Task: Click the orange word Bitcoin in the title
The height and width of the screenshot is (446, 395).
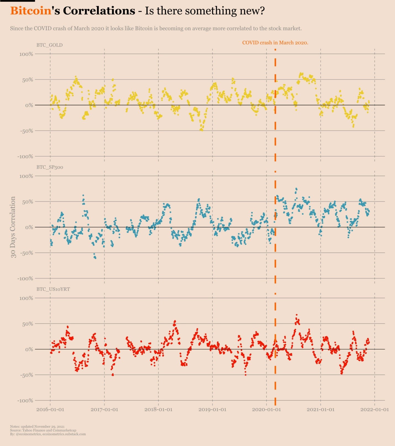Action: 31,11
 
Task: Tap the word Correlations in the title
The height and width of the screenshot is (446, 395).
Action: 99,11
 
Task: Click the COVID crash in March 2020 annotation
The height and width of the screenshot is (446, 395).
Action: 275,43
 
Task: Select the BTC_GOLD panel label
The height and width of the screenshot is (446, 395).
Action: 49,45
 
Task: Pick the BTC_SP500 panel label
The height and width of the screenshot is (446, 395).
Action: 50,167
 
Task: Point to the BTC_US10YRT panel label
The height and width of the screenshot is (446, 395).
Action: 53,289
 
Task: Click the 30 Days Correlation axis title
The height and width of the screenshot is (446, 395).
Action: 13,227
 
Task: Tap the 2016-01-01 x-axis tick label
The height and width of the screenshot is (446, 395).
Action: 50,410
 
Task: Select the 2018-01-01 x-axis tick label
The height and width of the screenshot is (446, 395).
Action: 158,410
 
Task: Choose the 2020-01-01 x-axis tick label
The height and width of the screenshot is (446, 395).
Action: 266,410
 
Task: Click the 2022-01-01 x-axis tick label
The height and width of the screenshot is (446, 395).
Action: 375,410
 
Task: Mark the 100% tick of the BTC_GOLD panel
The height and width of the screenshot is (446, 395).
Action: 26,54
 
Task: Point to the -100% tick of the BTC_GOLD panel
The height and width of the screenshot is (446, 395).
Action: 25,157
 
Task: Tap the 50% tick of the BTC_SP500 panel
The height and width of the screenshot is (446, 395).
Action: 28,202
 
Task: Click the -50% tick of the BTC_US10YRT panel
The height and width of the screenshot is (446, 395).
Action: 27,375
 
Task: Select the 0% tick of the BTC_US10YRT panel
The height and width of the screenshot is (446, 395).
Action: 29,350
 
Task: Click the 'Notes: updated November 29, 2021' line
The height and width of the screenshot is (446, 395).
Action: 37,427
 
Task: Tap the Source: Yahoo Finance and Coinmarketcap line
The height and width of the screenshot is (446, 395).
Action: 43,430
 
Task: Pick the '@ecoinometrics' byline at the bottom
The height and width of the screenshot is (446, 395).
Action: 29,434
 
